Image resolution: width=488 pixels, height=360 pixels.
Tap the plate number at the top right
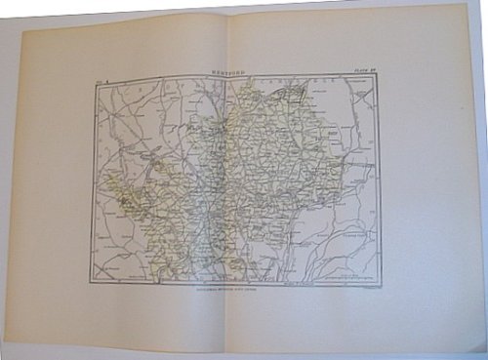pyautogui.click(x=364, y=71)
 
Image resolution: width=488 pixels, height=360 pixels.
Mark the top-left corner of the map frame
pyautogui.click(x=94, y=78)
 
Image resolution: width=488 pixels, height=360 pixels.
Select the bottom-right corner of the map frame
pyautogui.click(x=381, y=284)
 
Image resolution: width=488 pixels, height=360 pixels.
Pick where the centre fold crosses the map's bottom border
pyautogui.click(x=232, y=284)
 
